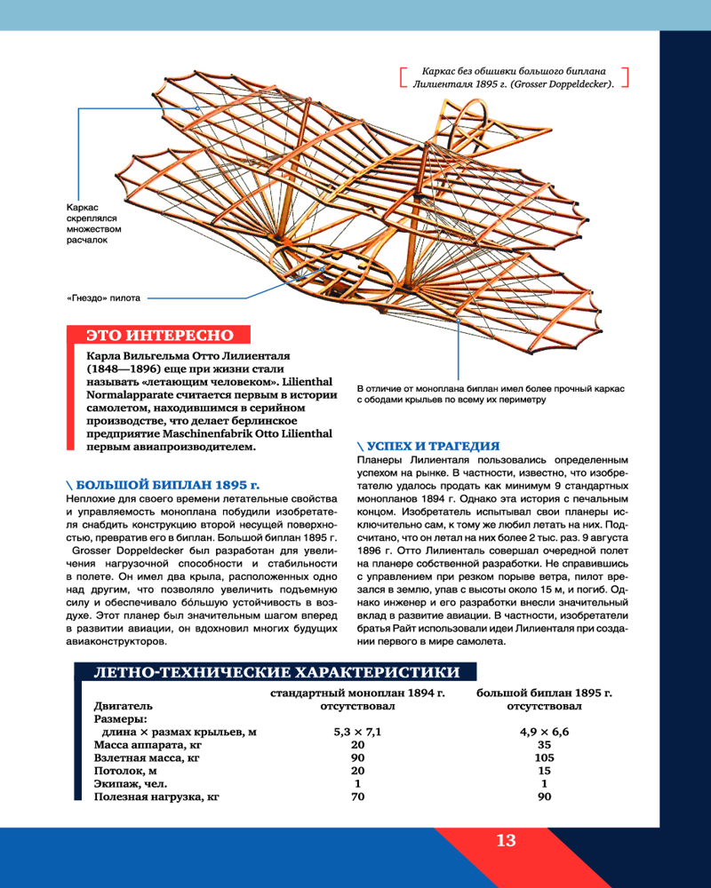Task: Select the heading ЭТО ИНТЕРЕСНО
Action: click(x=160, y=335)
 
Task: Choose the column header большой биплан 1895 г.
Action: click(x=544, y=693)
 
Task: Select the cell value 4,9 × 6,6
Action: click(x=544, y=732)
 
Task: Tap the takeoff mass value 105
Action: click(x=544, y=757)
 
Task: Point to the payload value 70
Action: click(x=356, y=797)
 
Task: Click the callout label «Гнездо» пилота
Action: click(x=104, y=298)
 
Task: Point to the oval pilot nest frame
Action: click(x=329, y=266)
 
